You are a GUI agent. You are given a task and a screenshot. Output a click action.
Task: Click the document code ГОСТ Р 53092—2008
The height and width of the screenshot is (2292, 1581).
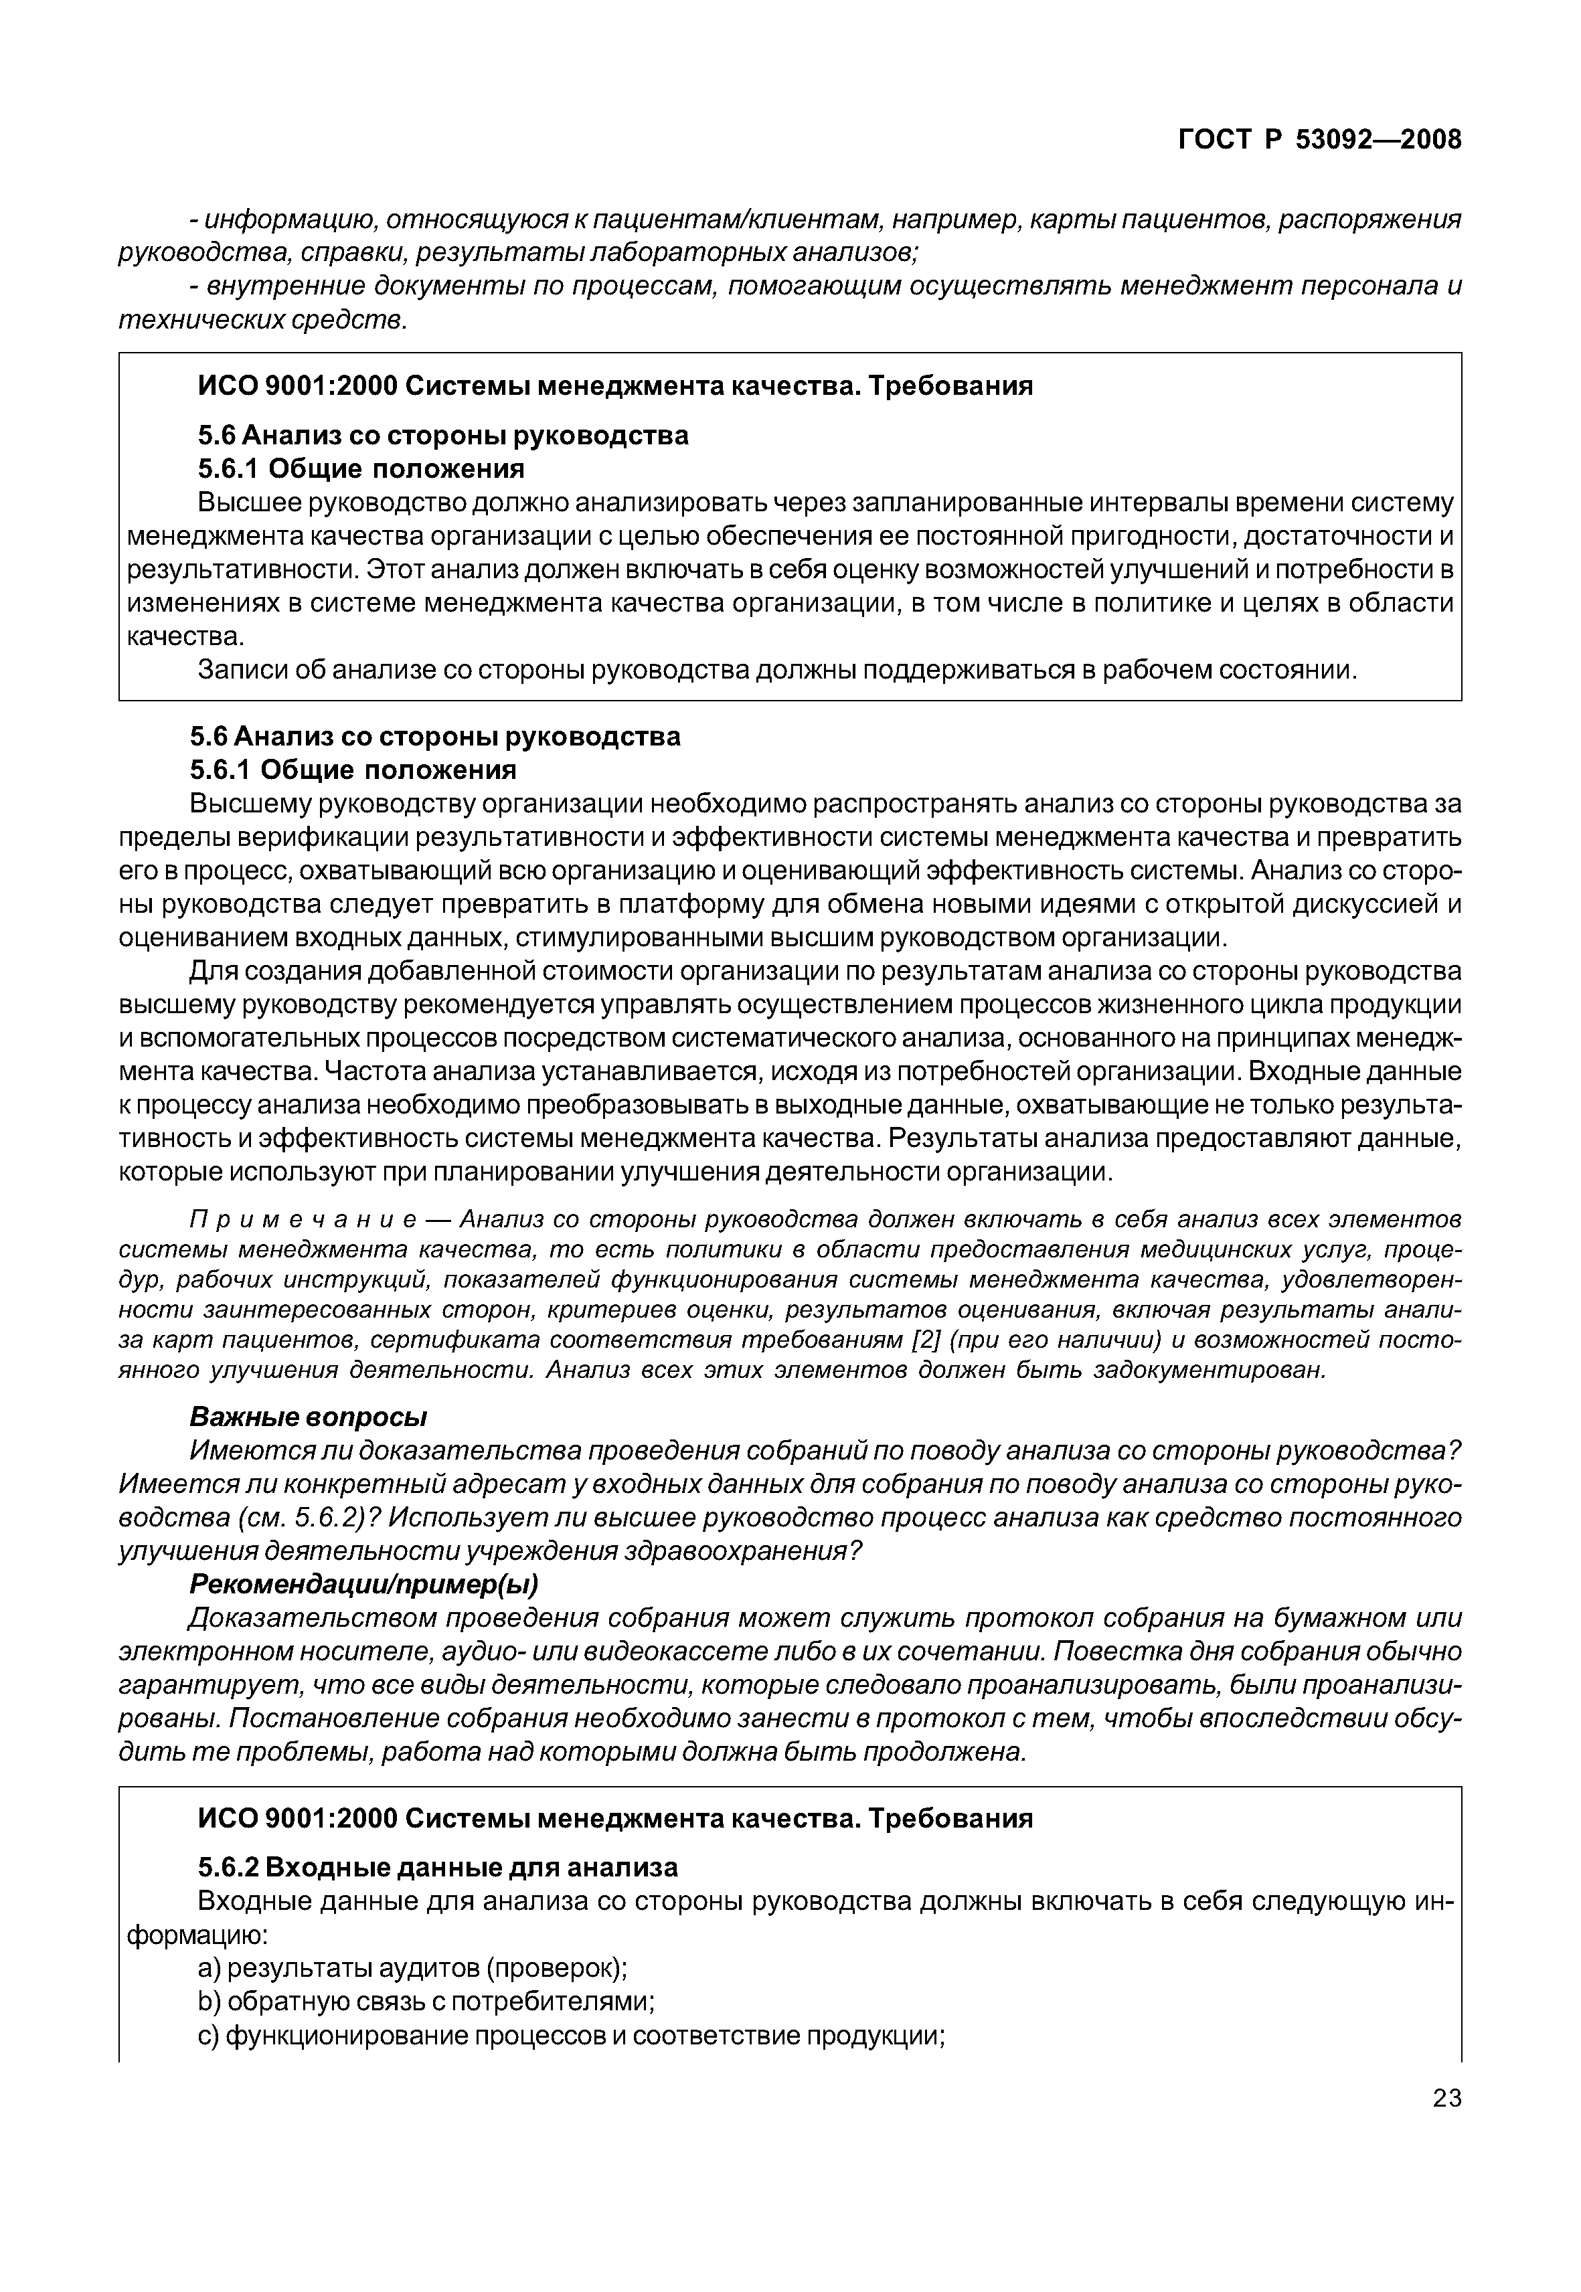(1319, 141)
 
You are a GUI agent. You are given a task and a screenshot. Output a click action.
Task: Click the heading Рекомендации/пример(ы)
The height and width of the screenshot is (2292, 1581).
(363, 1584)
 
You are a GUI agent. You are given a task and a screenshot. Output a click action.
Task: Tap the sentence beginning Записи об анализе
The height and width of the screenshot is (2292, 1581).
(776, 671)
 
